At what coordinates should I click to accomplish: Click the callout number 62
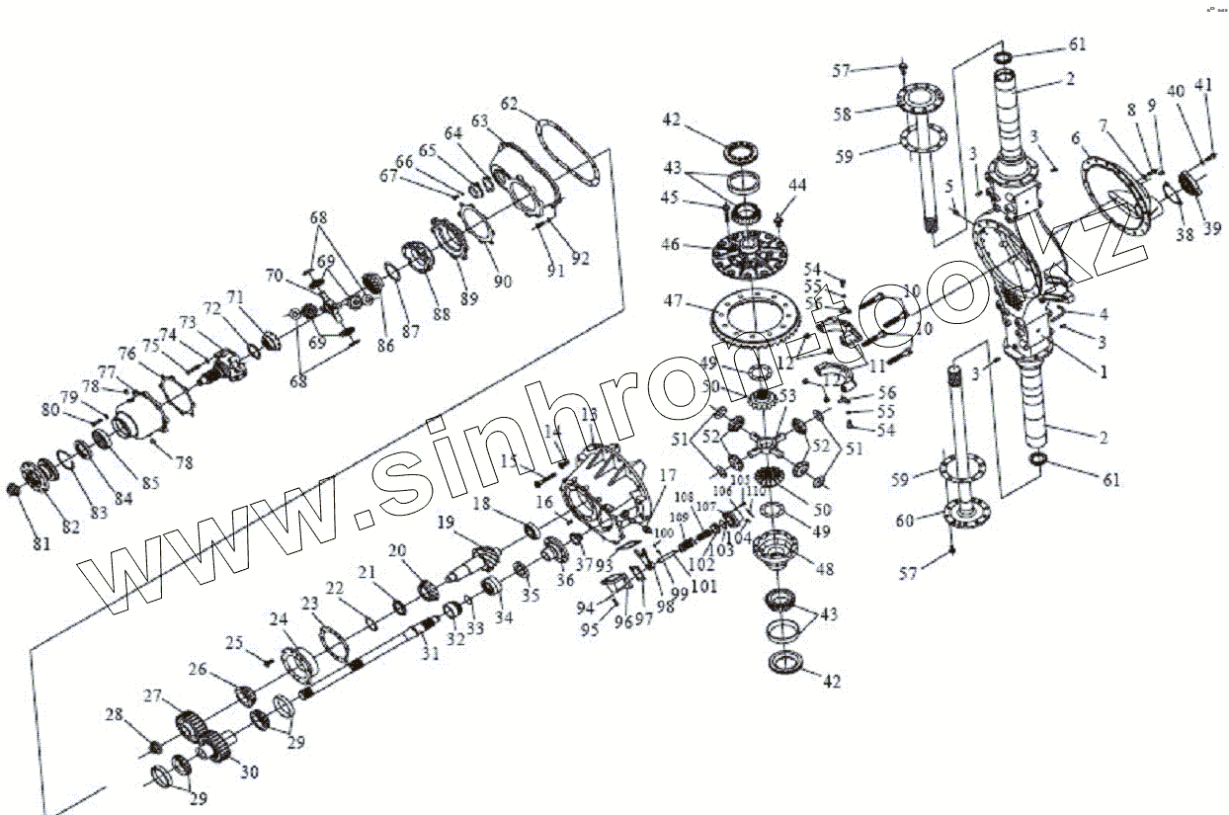coord(509,103)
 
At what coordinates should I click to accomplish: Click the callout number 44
coord(797,185)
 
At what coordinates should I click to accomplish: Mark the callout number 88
coord(440,314)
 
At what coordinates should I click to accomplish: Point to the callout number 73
coord(188,323)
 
